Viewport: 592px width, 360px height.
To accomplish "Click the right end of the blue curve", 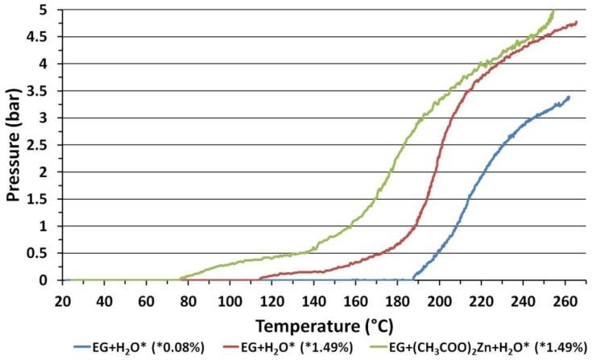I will [569, 97].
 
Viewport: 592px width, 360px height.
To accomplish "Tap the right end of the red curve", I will [577, 23].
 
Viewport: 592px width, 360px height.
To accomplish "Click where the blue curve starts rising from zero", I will [413, 279].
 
